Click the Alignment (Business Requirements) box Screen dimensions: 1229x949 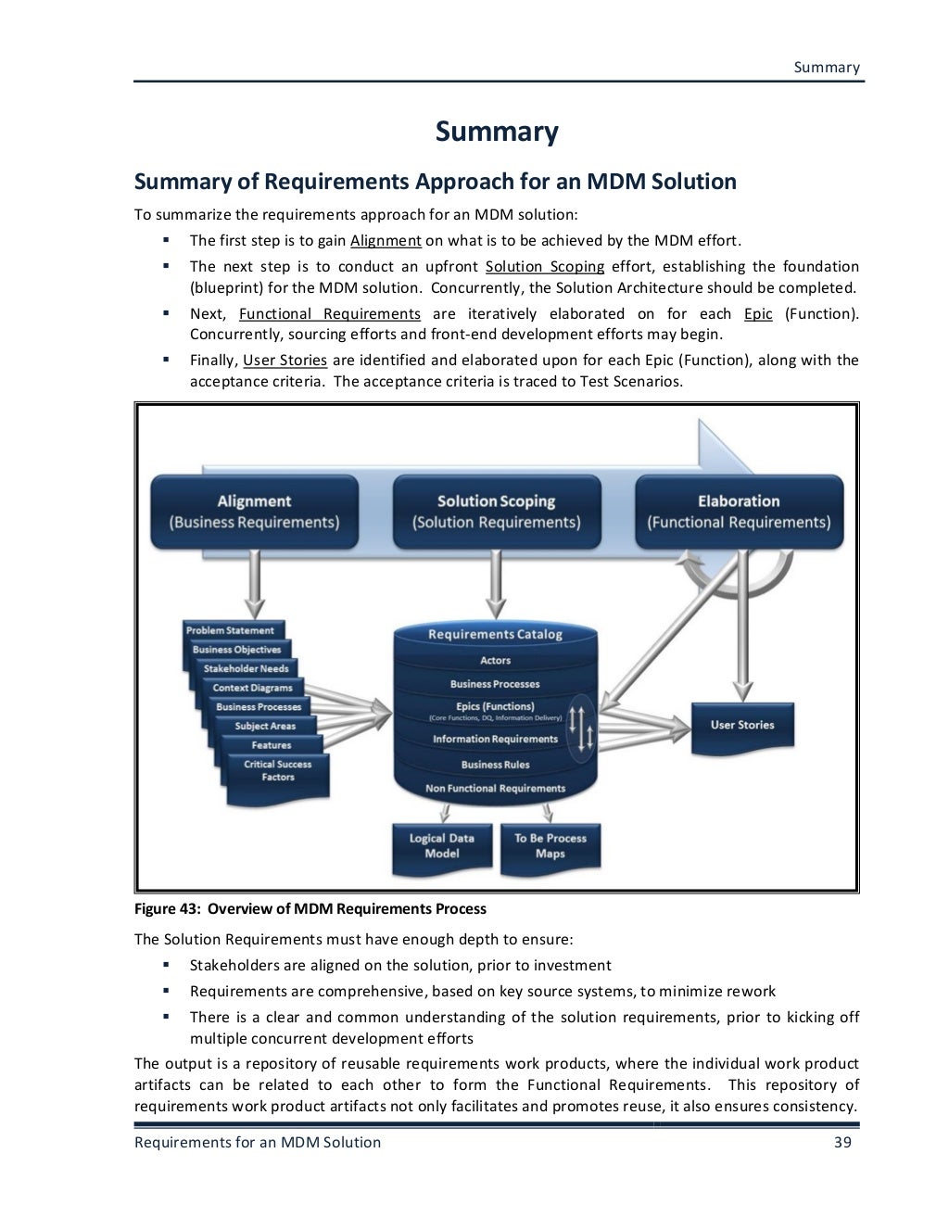click(254, 511)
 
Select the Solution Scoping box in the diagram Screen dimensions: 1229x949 click(496, 511)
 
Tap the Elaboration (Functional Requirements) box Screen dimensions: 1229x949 click(739, 511)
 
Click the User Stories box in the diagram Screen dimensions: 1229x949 click(742, 725)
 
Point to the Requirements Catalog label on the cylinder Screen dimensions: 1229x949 click(495, 635)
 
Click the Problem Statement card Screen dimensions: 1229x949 click(231, 630)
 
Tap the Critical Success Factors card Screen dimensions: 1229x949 click(278, 771)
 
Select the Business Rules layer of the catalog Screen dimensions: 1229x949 click(495, 765)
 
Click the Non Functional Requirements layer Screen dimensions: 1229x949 click(495, 789)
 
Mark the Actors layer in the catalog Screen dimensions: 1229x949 click(495, 661)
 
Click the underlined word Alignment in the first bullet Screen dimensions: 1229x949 click(386, 241)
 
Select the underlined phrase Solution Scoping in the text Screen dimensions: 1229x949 click(544, 267)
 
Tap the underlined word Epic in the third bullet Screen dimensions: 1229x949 click(758, 313)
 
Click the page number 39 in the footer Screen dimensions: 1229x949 click(842, 1142)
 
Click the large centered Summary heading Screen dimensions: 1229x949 click(497, 132)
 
